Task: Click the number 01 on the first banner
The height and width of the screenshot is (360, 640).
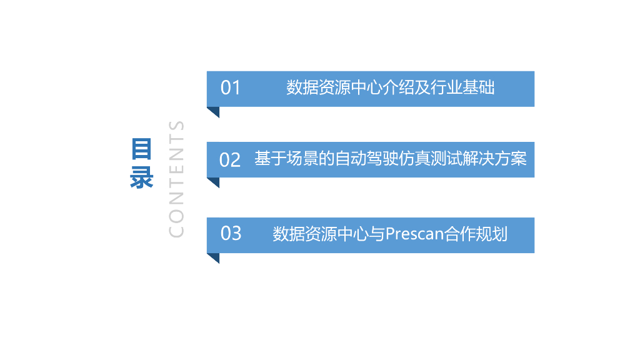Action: click(230, 88)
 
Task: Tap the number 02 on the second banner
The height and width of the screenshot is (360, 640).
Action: click(230, 160)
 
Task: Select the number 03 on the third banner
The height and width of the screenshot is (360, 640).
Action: click(231, 234)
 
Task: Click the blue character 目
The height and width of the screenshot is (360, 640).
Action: click(142, 150)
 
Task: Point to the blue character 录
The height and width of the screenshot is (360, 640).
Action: click(142, 177)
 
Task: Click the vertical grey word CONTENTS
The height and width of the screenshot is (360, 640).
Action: click(177, 179)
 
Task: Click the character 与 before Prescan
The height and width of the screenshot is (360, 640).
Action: click(377, 234)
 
